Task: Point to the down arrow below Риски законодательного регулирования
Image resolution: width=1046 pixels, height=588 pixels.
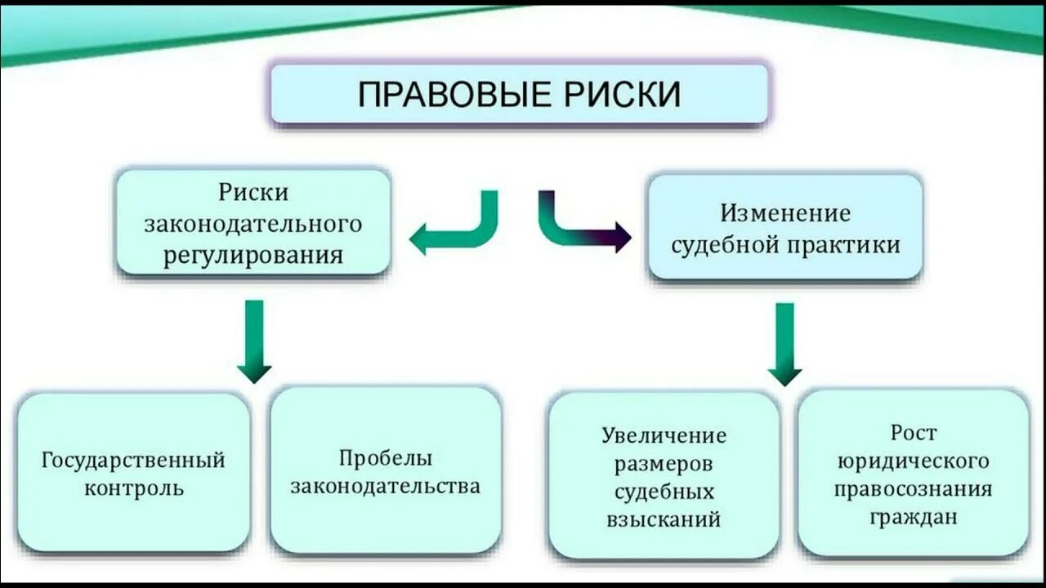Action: point(254,340)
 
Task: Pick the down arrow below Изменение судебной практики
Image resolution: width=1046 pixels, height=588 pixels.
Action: point(784,343)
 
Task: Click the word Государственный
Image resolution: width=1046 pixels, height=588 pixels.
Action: point(133,460)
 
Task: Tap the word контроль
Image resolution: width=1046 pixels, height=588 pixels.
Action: point(132,488)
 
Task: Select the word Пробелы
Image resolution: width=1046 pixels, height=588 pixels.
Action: point(385,458)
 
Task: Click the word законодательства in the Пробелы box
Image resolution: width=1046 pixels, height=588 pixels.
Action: point(385,487)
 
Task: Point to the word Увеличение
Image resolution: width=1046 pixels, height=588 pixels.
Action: point(664,435)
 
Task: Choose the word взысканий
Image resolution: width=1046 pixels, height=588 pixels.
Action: point(664,519)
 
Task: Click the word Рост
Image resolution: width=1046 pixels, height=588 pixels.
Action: point(913,432)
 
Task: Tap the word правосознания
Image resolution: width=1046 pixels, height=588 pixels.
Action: point(913,489)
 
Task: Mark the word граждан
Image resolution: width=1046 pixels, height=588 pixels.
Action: point(913,517)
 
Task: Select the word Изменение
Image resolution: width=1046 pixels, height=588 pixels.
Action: point(785,214)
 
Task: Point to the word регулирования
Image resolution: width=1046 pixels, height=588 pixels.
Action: point(253,254)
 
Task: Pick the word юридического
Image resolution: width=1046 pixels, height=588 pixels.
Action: point(913,461)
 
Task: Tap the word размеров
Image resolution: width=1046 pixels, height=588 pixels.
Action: point(664,464)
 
